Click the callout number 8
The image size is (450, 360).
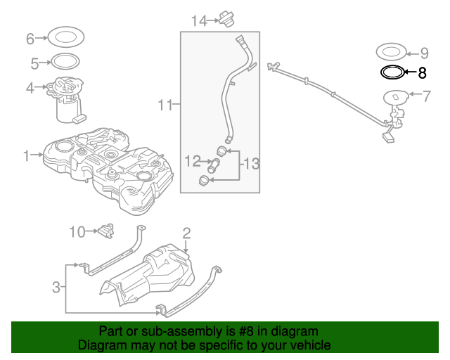point(422,72)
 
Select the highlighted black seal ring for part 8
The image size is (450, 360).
point(392,72)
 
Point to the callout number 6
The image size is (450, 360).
point(30,38)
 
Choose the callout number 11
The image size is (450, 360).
point(165,106)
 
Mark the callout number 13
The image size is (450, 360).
point(251,165)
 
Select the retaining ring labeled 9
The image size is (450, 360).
point(392,51)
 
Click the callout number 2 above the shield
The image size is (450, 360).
point(186,233)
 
